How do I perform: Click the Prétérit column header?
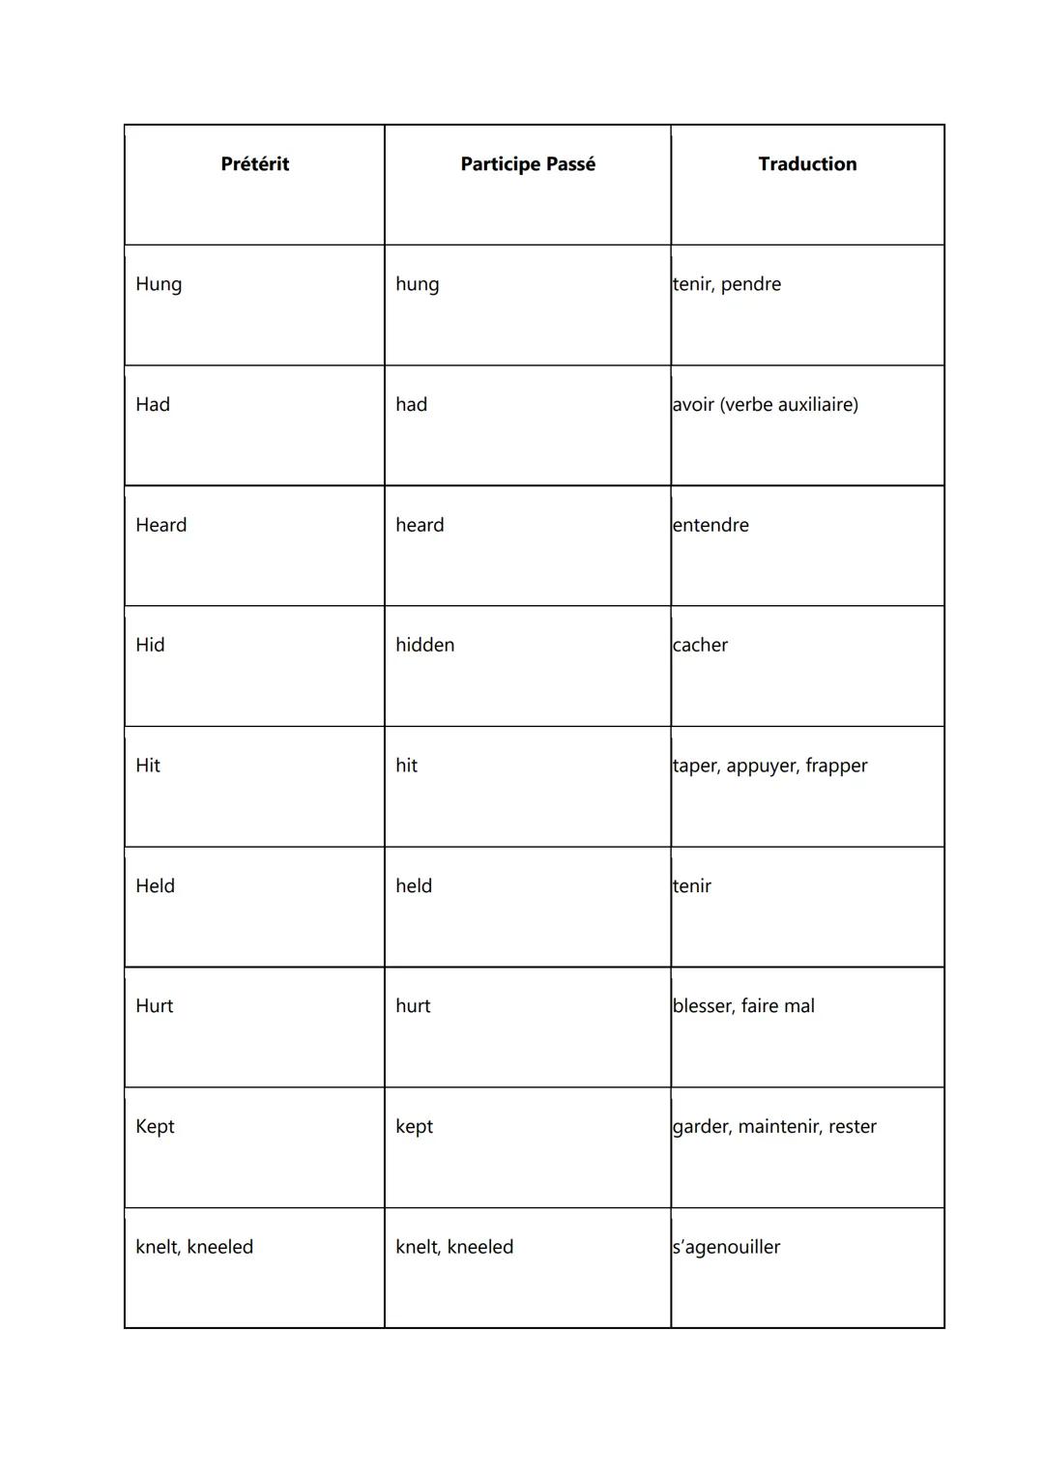click(254, 164)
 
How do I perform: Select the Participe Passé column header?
click(528, 164)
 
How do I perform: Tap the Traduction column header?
click(807, 164)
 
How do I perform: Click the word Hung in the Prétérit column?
click(159, 284)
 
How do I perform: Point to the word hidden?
click(424, 645)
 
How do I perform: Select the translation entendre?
click(710, 525)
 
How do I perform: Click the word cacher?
click(700, 645)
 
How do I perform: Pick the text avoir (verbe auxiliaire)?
click(765, 404)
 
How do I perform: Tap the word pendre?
click(751, 284)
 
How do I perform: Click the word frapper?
click(836, 766)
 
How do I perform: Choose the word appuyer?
click(760, 767)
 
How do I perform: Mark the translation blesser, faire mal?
click(743, 1006)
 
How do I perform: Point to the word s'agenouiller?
click(726, 1247)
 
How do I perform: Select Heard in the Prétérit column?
click(160, 525)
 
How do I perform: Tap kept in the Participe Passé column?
click(414, 1127)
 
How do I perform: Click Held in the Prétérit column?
click(155, 885)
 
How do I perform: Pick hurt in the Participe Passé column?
click(413, 1006)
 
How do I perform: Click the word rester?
click(852, 1126)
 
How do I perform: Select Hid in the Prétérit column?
click(150, 645)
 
